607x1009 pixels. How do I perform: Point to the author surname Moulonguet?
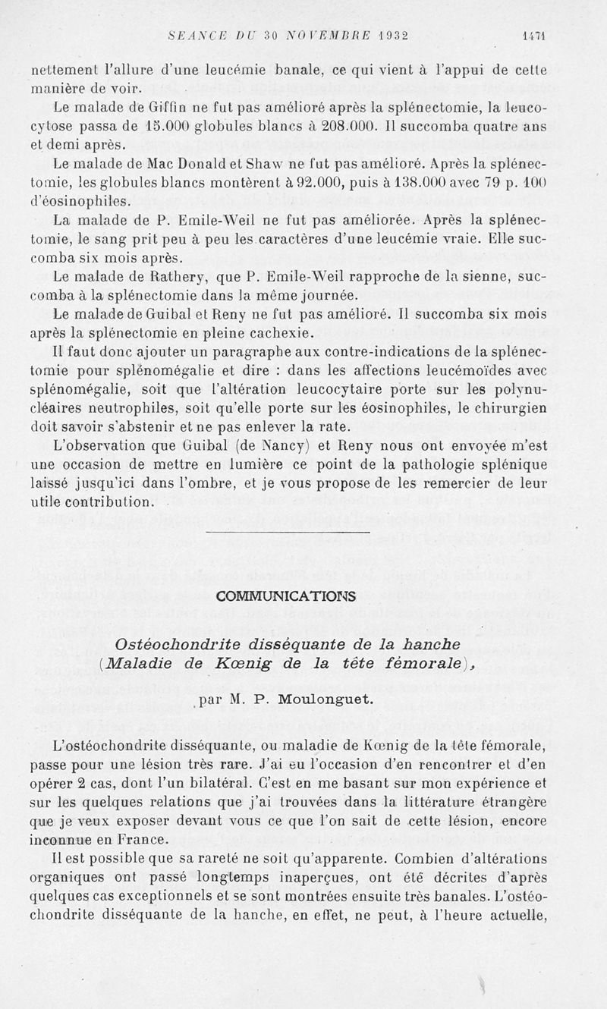coord(333,699)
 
